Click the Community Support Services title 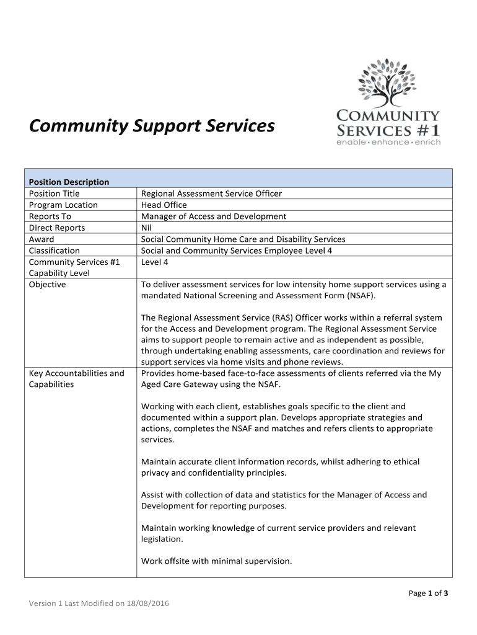point(152,126)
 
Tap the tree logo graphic point(388,83)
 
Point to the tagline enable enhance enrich point(388,143)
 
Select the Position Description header point(69,182)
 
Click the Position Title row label point(55,193)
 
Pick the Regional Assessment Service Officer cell point(211,193)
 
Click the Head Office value point(164,205)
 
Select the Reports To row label point(50,216)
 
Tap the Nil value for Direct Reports point(146,228)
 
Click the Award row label point(42,239)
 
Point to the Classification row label point(55,251)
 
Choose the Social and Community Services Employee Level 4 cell point(237,251)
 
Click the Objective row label point(47,285)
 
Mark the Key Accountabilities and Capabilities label point(77,378)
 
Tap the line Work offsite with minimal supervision point(216,561)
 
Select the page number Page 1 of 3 point(428,593)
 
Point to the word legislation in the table point(162,540)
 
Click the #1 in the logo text point(426,131)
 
